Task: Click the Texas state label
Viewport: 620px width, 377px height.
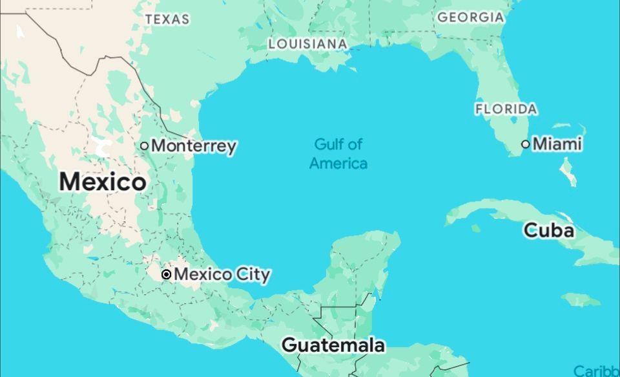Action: click(x=167, y=19)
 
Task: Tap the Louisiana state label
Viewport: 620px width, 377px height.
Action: click(x=307, y=44)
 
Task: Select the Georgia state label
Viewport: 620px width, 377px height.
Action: click(x=471, y=17)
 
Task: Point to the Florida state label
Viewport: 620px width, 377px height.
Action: click(x=506, y=109)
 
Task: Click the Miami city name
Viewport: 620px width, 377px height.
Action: click(x=557, y=144)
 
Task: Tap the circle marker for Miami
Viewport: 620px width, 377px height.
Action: click(x=526, y=144)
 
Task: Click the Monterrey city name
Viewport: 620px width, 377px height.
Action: click(x=194, y=146)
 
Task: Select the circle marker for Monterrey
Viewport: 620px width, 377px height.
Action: click(x=145, y=145)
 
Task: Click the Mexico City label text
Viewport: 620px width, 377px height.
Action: click(x=222, y=275)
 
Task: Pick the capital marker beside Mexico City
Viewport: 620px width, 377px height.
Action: click(x=166, y=275)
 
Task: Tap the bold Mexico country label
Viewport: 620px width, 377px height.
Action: click(x=103, y=182)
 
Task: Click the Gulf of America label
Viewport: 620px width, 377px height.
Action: click(x=338, y=153)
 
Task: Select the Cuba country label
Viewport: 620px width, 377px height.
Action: click(x=549, y=230)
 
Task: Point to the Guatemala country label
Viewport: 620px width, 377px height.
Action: click(x=333, y=345)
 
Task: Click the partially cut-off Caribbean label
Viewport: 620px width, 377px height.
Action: click(x=597, y=371)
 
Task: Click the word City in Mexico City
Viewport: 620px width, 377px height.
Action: click(x=253, y=275)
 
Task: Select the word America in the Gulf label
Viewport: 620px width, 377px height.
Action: click(x=338, y=163)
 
